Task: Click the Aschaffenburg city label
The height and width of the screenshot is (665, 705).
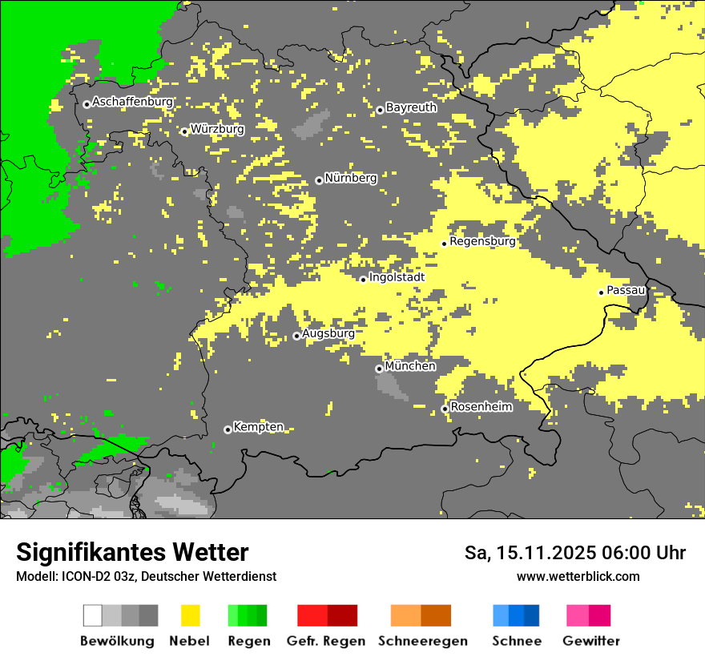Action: (x=132, y=103)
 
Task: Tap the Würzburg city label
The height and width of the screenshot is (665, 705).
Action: (x=217, y=129)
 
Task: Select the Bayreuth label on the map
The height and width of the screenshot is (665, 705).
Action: (x=411, y=107)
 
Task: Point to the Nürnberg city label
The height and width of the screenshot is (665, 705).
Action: (x=350, y=179)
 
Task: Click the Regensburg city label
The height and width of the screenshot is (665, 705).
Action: (x=482, y=241)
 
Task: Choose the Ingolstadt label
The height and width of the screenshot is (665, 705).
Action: (x=397, y=278)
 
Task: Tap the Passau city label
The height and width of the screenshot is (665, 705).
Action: (x=626, y=291)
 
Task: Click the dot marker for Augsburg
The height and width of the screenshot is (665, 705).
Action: (x=296, y=336)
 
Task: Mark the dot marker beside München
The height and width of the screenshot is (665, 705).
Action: (x=379, y=369)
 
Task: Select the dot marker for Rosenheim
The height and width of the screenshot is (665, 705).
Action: (x=445, y=409)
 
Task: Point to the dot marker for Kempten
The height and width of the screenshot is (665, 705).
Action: (x=228, y=429)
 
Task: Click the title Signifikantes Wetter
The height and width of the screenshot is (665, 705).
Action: (x=132, y=553)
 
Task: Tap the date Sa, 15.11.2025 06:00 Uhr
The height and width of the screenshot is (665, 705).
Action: (x=574, y=553)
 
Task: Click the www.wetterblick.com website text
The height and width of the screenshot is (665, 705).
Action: (x=578, y=576)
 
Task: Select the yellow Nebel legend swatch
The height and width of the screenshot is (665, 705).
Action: (x=190, y=615)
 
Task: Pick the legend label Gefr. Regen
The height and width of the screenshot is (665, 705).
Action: (x=325, y=641)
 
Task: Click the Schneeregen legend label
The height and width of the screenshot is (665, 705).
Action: (x=422, y=641)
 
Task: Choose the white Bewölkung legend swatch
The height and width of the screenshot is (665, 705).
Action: (x=93, y=615)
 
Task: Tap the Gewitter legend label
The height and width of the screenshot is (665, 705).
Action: (x=590, y=641)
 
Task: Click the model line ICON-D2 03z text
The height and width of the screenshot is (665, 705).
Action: (x=146, y=576)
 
